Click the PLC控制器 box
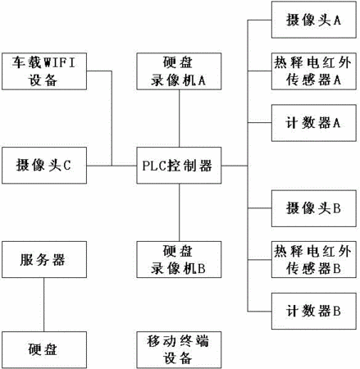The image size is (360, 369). [x=179, y=166]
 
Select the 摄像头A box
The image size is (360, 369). [x=314, y=20]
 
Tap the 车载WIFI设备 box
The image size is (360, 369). [x=44, y=71]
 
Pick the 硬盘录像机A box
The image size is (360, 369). [x=179, y=71]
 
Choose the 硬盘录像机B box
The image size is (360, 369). [x=179, y=259]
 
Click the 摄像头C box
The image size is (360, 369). [x=44, y=166]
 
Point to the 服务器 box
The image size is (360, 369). [x=44, y=259]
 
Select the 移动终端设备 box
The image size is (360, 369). [x=179, y=350]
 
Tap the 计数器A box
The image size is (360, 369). [x=314, y=123]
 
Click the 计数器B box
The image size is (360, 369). [x=314, y=311]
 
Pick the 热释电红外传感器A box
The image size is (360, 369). [x=314, y=71]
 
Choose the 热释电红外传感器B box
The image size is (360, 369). [x=314, y=259]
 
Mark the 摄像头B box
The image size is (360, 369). [x=314, y=208]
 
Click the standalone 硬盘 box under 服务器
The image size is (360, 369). [x=44, y=350]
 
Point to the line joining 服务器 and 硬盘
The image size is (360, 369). [x=43, y=305]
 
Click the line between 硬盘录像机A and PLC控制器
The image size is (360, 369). [x=180, y=118]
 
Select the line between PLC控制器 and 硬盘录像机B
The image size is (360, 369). [x=180, y=212]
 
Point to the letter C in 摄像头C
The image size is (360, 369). [x=67, y=166]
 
